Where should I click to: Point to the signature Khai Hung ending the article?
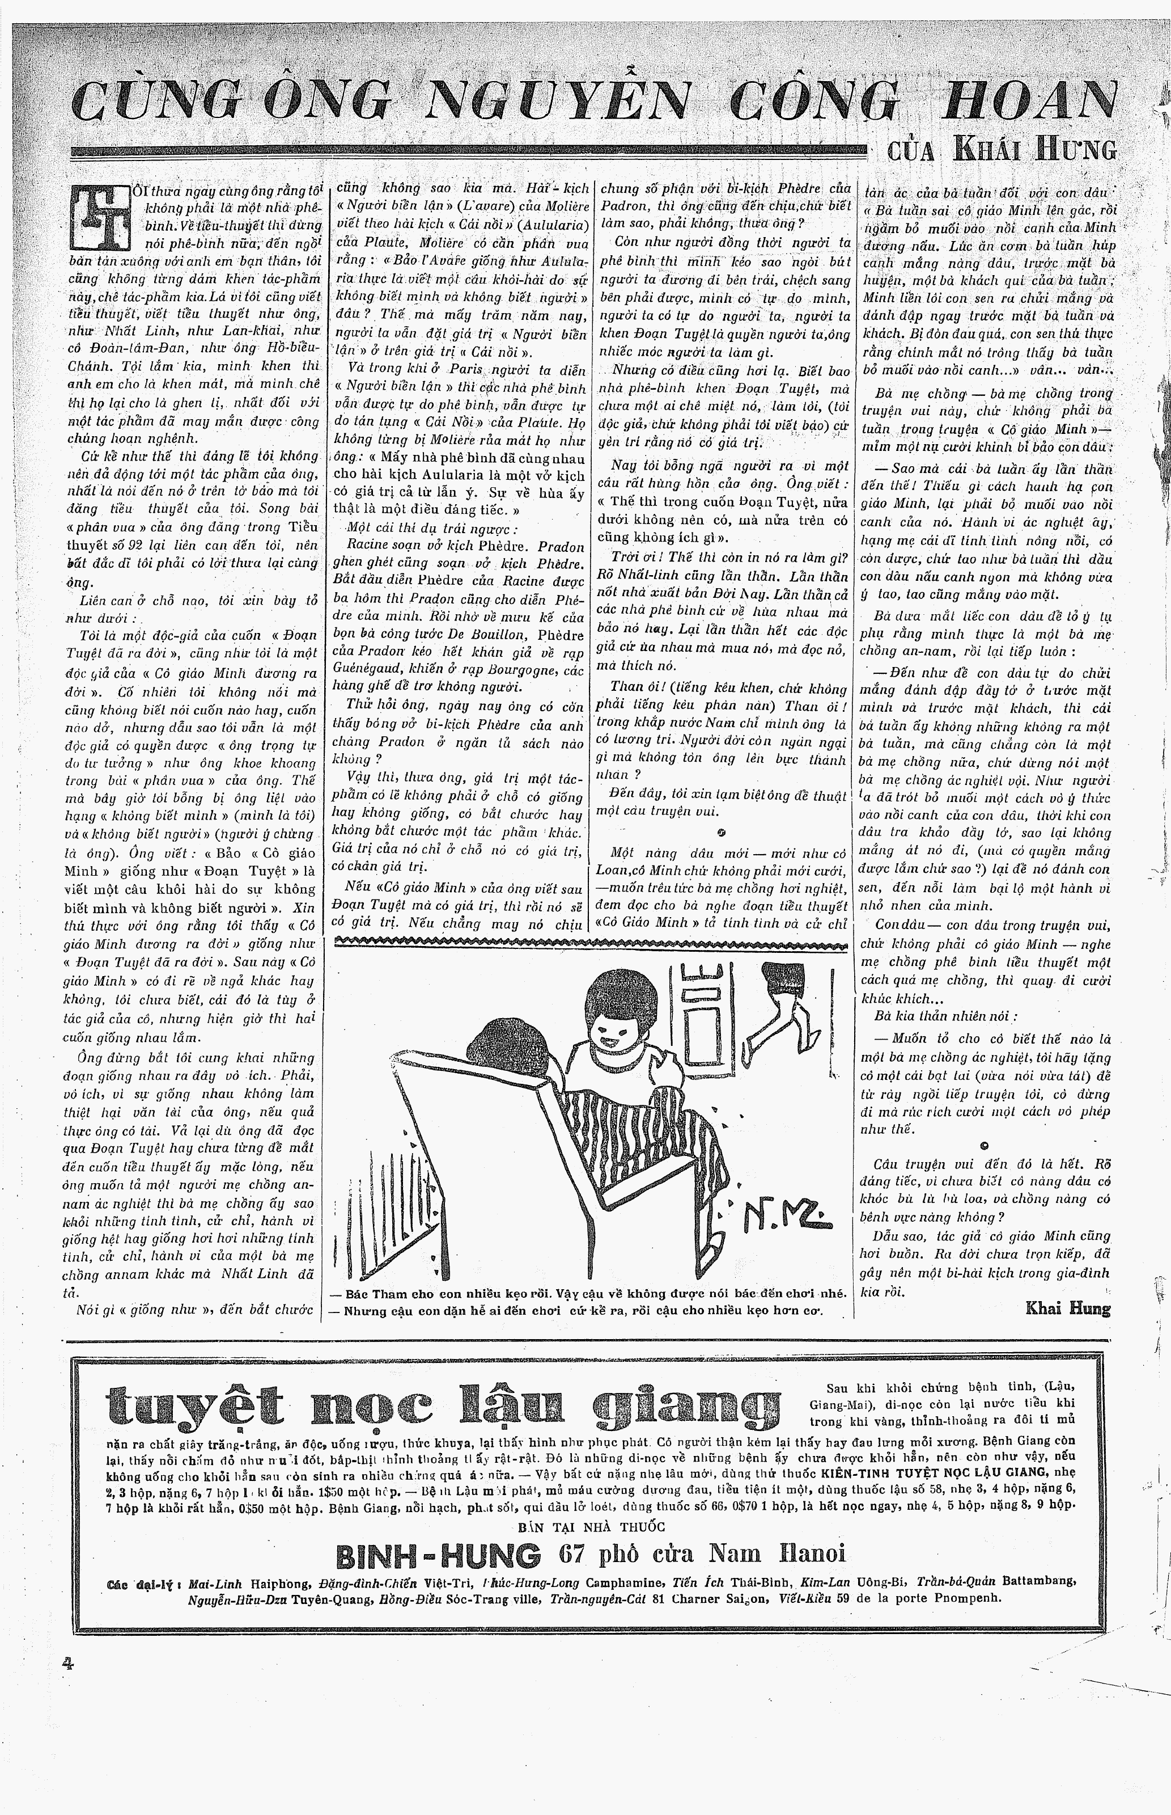1068,1309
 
